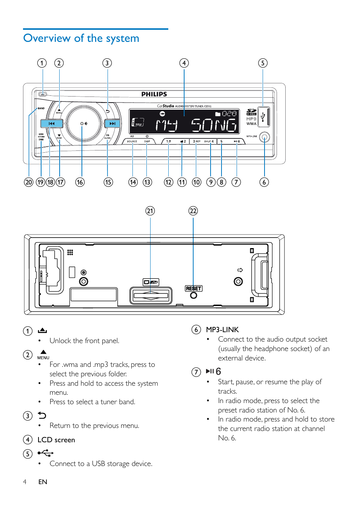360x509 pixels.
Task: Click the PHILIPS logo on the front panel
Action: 154,94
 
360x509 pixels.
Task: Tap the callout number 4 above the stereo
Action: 184,63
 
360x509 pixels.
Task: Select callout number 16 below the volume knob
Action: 80,182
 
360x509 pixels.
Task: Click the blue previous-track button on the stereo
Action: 51,123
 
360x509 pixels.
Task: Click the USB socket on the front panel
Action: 263,117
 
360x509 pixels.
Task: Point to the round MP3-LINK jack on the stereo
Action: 265,138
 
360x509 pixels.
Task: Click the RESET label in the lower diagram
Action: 194,288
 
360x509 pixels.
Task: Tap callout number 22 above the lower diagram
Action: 193,211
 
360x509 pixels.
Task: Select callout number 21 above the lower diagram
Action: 150,211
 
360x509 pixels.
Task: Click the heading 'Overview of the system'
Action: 81,38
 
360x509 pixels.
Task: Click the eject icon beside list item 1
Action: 42,330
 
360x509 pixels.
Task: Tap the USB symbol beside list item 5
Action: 46,453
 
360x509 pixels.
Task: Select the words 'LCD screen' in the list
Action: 56,440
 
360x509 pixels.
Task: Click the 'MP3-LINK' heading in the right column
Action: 222,330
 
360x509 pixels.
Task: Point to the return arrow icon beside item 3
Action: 42,415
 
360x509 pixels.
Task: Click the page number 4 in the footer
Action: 25,482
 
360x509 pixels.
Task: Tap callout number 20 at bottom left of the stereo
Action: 29,182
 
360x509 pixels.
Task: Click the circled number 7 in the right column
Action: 196,372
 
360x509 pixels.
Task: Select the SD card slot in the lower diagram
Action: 151,296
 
